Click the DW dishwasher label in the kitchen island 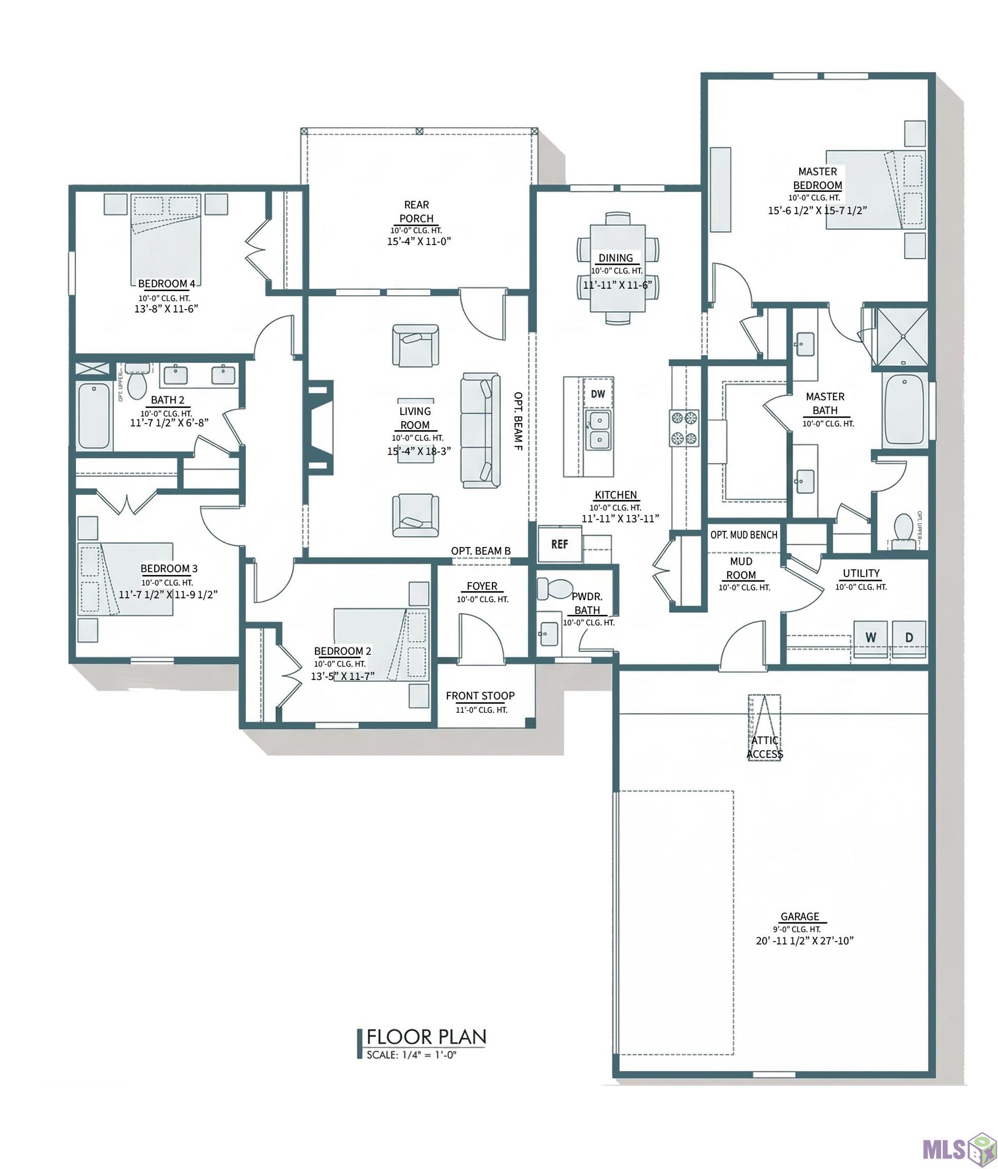coord(598,394)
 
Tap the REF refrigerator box coord(560,544)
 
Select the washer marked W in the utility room coord(871,639)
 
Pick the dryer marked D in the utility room coord(909,639)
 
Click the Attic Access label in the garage coord(765,747)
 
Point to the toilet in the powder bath coord(554,589)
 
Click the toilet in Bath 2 coord(137,381)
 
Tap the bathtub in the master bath coord(904,409)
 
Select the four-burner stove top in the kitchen coord(684,428)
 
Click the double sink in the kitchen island coord(598,430)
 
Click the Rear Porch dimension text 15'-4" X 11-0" coord(419,242)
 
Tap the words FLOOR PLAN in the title coord(426,1037)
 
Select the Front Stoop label coord(480,696)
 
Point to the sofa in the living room coord(480,430)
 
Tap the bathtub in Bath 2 coord(94,416)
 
